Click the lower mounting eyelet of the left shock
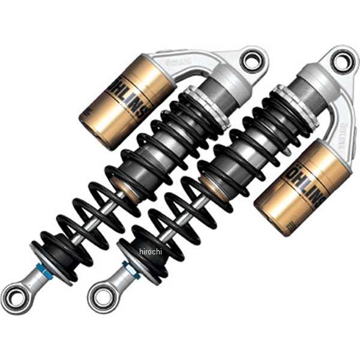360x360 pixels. [x=14, y=296]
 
